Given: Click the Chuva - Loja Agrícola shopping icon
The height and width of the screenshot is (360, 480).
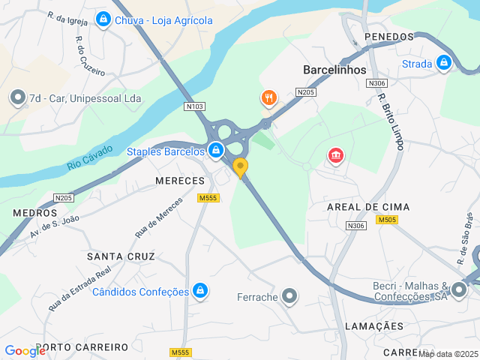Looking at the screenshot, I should coord(103,20).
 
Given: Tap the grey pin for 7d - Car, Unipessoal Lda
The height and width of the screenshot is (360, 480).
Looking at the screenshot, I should coord(16,97).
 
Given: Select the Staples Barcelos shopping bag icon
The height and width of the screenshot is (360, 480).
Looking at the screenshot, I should coord(216,151).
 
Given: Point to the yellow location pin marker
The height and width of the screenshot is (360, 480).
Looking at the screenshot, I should coord(240,167).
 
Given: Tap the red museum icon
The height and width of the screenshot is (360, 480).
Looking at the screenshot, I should coord(335,156).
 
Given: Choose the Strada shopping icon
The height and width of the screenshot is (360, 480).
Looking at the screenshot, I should coord(444,64).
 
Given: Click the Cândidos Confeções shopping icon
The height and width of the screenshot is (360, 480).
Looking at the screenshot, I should coord(199,290).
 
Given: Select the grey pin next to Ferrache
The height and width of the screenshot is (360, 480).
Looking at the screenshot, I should coord(289,297).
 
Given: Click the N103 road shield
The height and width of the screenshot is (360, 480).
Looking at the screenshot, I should coord(194,106).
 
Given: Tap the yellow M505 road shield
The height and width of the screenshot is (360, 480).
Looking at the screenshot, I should coord(388,220).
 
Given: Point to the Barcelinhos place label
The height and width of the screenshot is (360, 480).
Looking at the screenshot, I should coord(334,70).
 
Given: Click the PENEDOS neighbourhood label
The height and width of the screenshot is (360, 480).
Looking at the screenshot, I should coord(388,37).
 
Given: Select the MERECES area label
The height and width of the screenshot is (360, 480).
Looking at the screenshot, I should coord(180,181).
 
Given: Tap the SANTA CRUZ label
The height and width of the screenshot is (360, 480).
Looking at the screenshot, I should coord(121,256).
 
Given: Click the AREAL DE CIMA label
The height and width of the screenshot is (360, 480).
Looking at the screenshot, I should coord(368,206).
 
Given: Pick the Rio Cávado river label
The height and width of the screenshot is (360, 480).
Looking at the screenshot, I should coord(91,157).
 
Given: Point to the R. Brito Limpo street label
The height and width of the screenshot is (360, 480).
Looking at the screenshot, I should coord(391,121).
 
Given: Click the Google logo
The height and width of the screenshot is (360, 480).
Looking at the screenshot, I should coord(25,350).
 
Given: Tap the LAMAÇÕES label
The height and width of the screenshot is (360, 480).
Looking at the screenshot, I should coord(374,326).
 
